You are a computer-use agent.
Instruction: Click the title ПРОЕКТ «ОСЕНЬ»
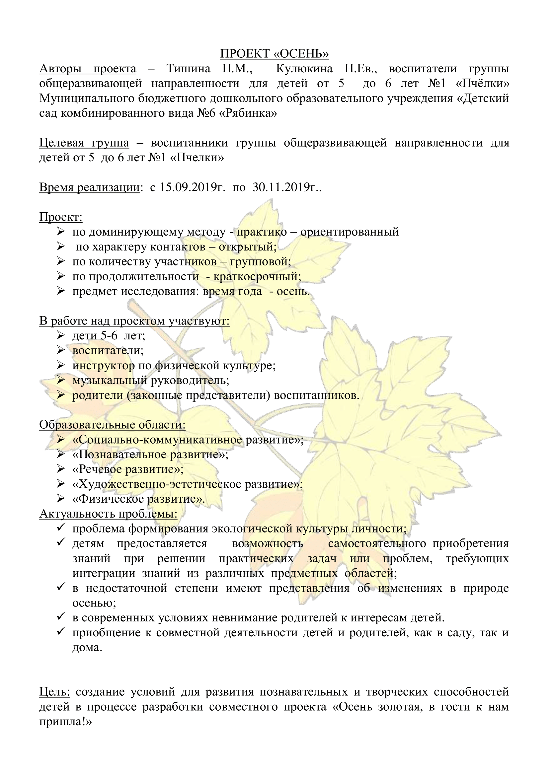click(274, 54)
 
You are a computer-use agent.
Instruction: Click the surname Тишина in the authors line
click(188, 69)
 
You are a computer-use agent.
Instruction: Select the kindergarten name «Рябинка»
click(248, 113)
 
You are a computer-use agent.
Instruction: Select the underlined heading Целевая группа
click(84, 143)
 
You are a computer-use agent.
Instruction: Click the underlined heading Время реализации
click(90, 187)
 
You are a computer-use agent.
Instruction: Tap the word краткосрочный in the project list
click(257, 276)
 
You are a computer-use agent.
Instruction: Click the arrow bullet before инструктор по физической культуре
click(61, 365)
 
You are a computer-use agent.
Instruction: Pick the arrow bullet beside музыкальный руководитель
click(61, 380)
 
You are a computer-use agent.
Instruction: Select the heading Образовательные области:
click(112, 425)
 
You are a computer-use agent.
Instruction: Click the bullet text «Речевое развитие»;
click(128, 469)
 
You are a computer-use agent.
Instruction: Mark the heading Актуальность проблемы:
click(108, 514)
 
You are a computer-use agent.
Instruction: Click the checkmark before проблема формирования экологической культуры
click(61, 528)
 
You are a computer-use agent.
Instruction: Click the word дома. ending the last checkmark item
click(87, 647)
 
